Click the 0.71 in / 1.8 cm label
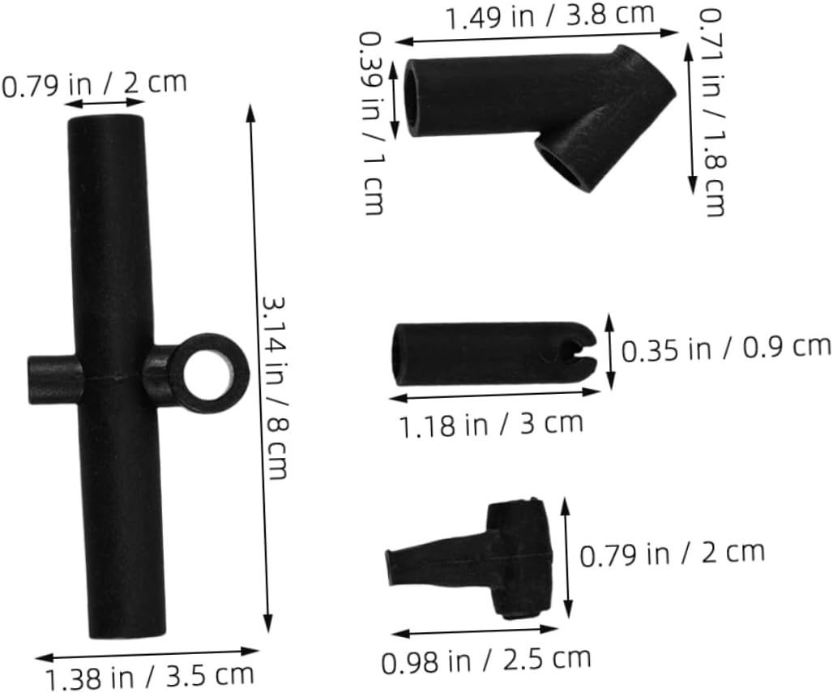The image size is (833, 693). pos(711,113)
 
